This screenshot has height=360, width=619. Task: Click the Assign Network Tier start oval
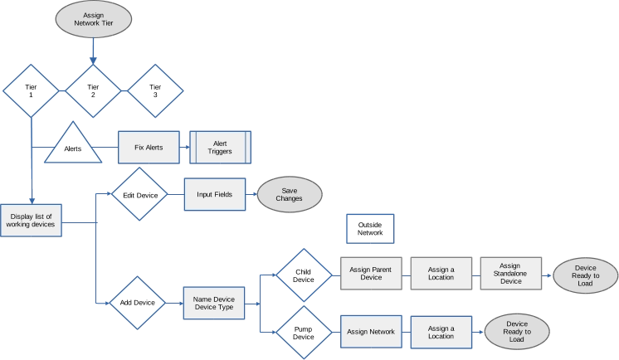(93, 18)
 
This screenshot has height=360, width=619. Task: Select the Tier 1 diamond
(32, 90)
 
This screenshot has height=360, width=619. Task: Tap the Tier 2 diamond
(93, 90)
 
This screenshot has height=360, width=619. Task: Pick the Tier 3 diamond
(154, 90)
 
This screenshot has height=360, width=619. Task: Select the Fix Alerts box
(149, 148)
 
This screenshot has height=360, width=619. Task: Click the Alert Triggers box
(220, 148)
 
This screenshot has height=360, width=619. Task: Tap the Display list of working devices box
(32, 220)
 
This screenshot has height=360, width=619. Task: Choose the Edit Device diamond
(139, 194)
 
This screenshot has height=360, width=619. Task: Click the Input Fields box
(215, 194)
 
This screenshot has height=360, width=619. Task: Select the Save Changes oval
(289, 194)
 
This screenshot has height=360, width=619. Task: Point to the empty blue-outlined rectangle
(370, 228)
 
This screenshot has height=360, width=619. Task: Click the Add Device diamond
(138, 303)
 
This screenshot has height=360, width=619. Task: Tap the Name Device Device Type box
(214, 303)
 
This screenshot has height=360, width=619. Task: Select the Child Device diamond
(304, 275)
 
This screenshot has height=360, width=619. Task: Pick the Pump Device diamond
(304, 332)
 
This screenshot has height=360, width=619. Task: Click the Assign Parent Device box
(371, 273)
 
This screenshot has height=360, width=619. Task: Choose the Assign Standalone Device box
(510, 273)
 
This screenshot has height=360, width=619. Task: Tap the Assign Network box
(371, 332)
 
